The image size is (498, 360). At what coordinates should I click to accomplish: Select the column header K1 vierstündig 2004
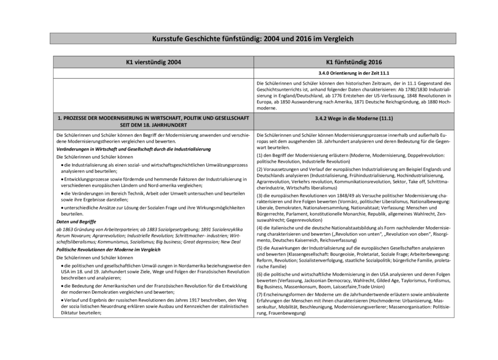coord(153,62)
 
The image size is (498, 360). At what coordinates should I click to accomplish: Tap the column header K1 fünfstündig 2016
coord(354,62)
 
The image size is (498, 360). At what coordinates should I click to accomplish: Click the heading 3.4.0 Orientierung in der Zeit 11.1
coord(354,73)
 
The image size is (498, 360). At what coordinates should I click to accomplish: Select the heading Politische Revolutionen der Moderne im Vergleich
coord(108,249)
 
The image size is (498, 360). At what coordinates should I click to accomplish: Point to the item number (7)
coord(260,295)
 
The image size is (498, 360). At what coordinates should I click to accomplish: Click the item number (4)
coord(260,227)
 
